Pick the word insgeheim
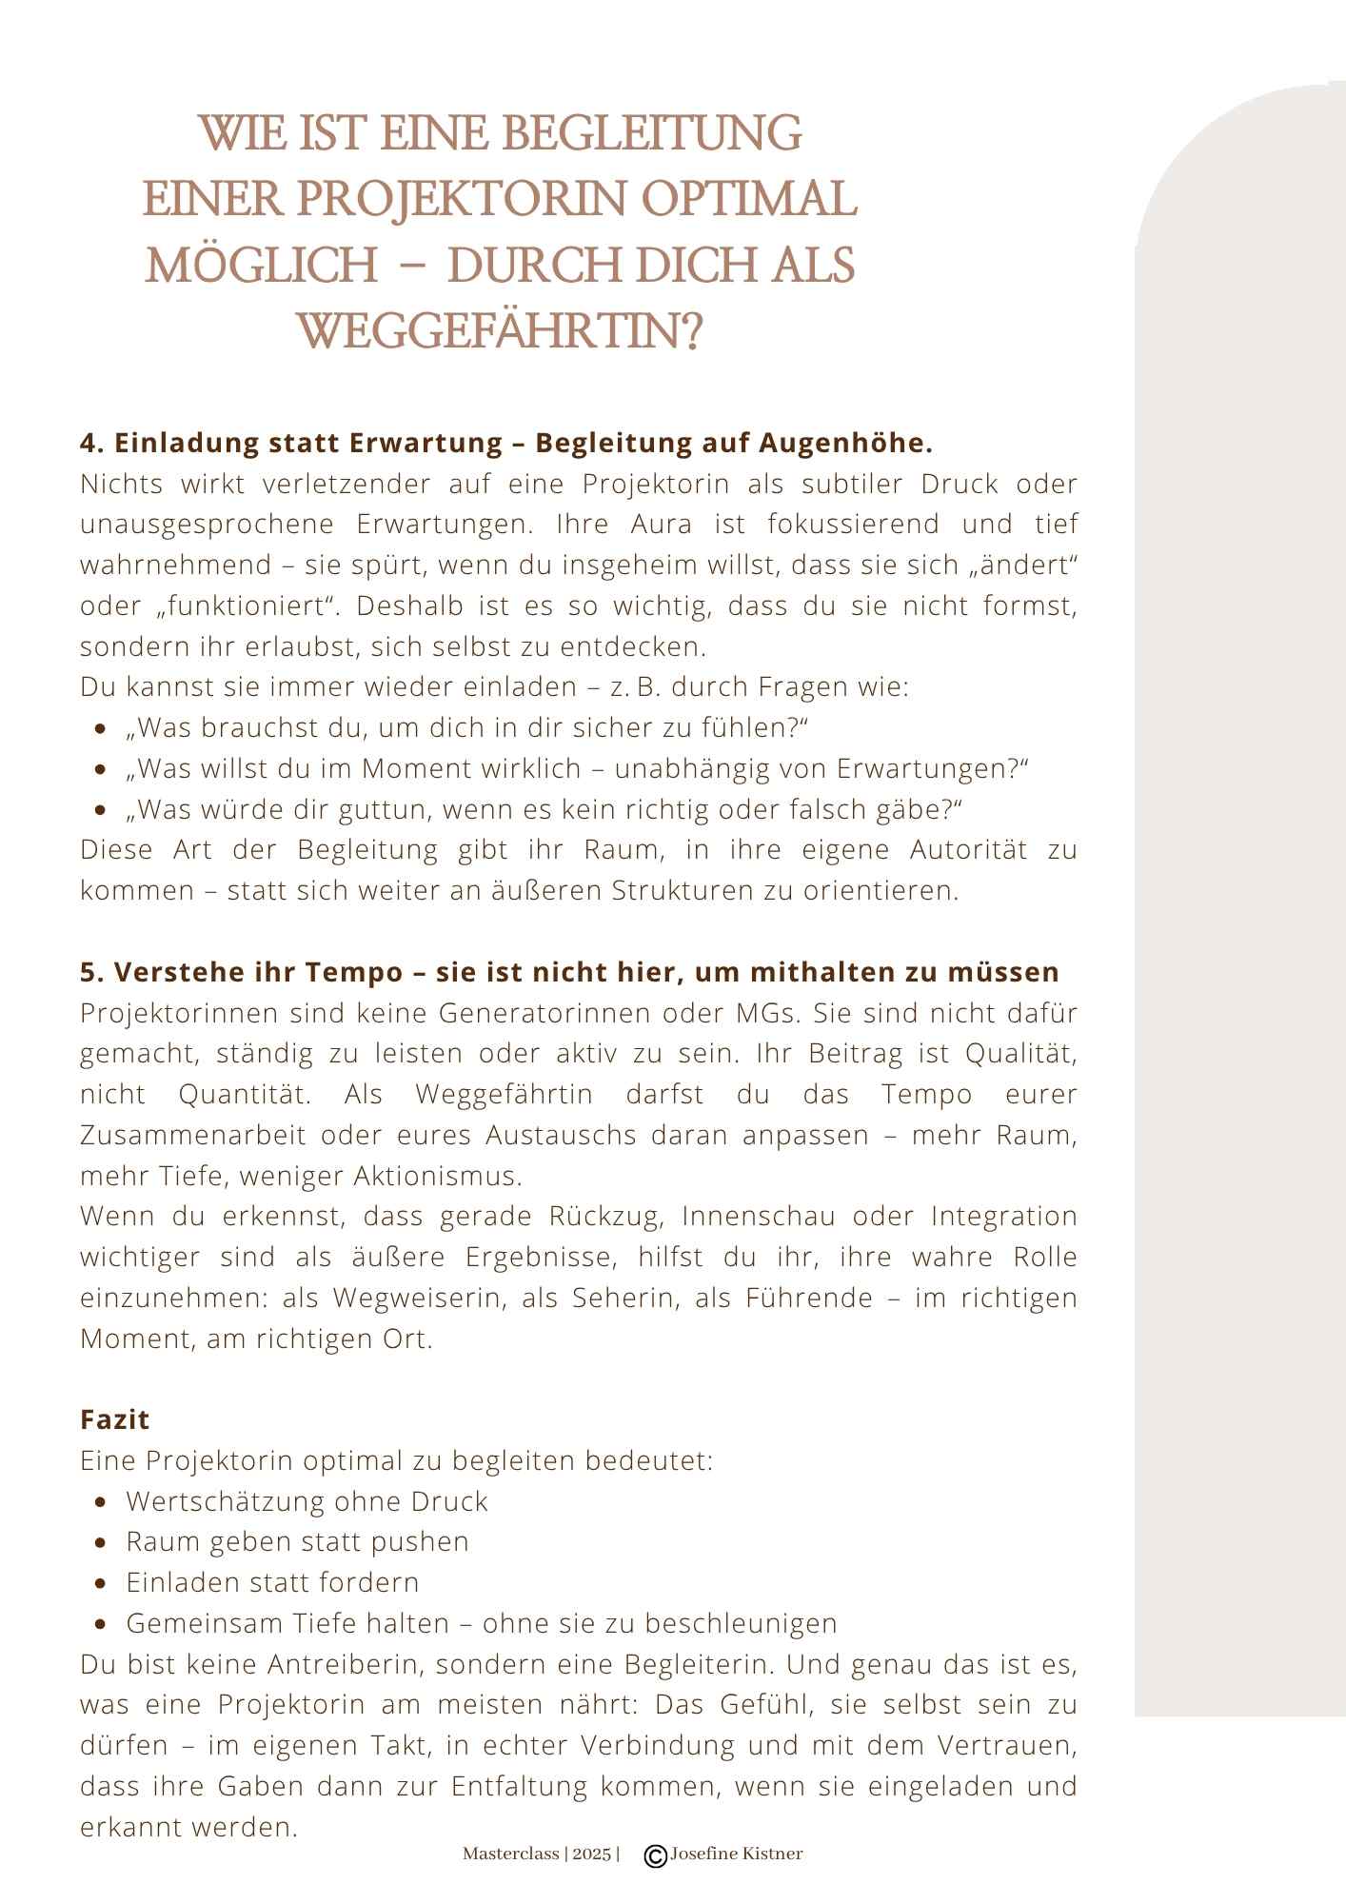click(x=638, y=565)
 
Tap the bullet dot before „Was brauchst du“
click(x=101, y=729)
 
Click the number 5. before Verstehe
click(x=92, y=972)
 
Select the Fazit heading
click(x=115, y=1419)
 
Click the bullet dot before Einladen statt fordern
click(x=101, y=1583)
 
